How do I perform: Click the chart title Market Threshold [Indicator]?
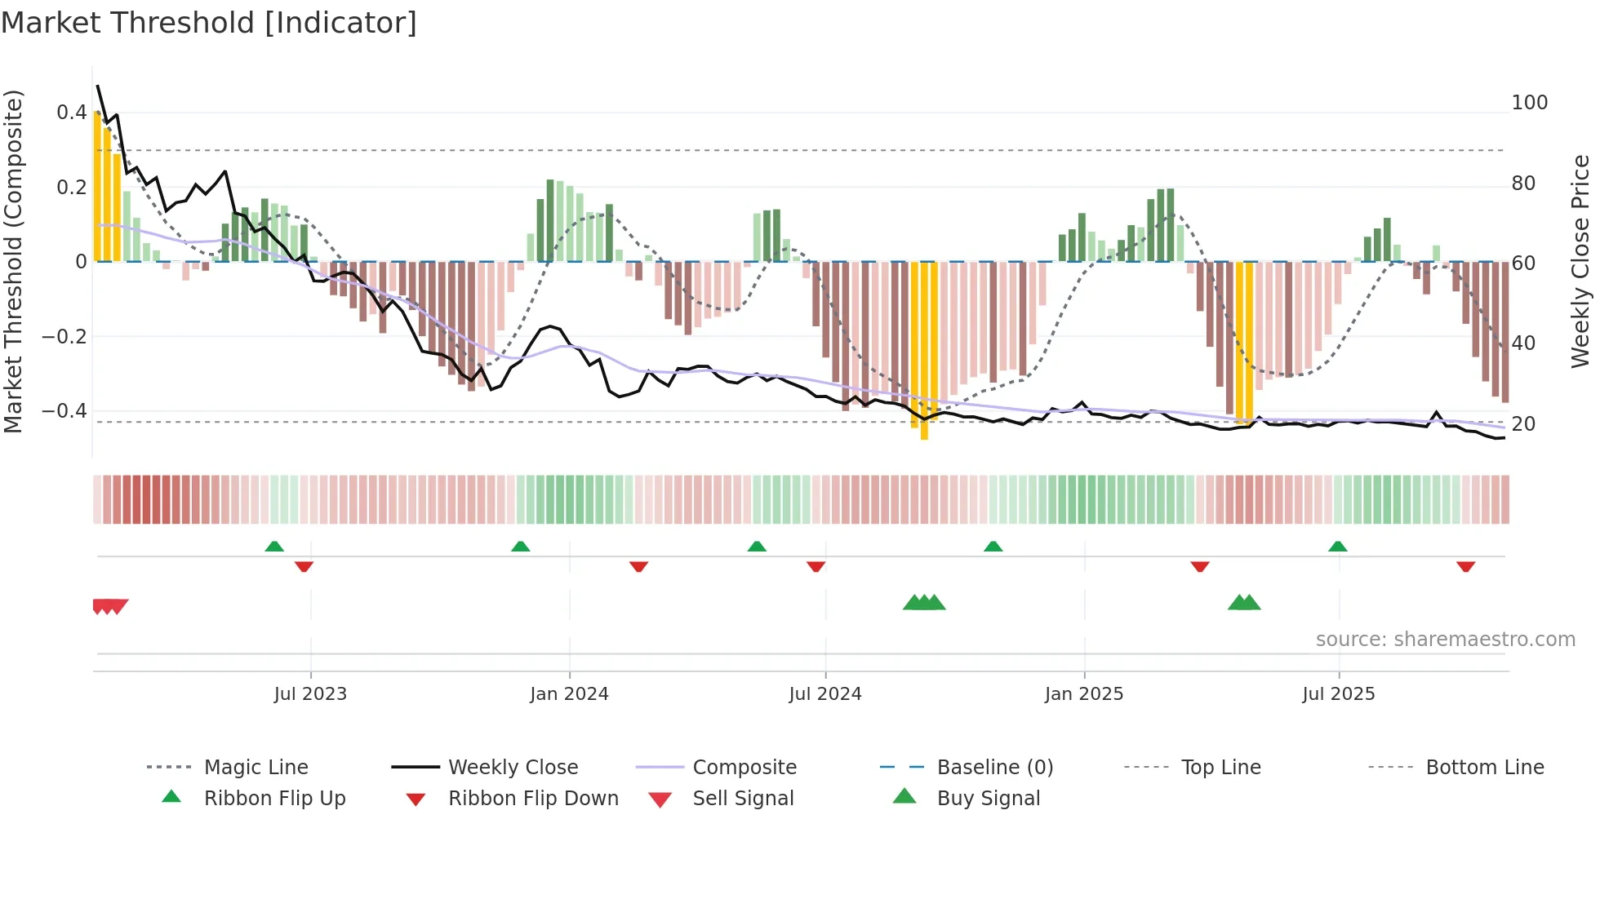click(209, 23)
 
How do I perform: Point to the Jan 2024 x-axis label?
click(569, 694)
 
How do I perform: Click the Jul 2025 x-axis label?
click(1338, 694)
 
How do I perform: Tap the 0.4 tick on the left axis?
click(72, 113)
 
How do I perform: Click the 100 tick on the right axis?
click(1529, 103)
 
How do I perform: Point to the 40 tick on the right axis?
click(1523, 343)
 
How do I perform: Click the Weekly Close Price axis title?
click(1580, 261)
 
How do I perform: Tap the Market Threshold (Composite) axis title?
click(13, 261)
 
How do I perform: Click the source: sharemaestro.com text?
click(1445, 640)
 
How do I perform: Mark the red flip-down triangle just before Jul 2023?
click(304, 566)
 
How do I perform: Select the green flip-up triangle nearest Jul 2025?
click(1337, 547)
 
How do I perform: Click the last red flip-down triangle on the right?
click(1465, 566)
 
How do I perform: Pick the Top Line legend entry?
click(1220, 768)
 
